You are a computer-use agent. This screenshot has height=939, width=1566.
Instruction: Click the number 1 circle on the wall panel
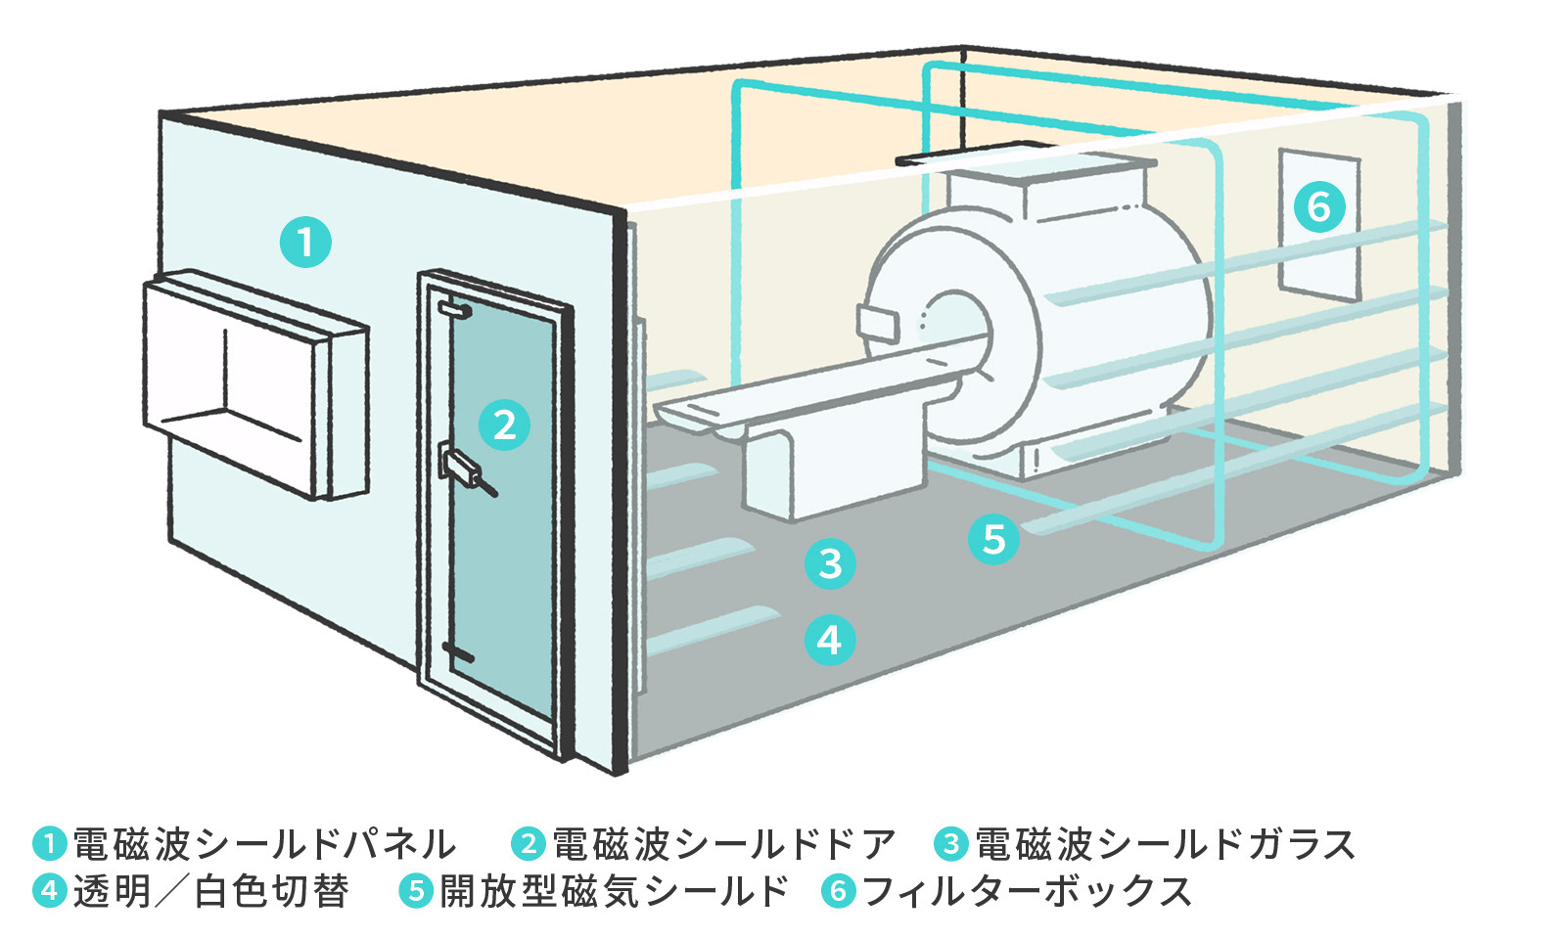305,242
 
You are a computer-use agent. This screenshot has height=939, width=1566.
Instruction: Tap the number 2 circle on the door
504,425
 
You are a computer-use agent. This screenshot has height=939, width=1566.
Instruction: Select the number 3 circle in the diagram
830,563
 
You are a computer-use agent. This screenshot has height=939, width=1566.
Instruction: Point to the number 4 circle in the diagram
829,641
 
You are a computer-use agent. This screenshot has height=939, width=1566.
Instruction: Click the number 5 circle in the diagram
993,539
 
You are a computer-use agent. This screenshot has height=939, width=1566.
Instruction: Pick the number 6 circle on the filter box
1318,206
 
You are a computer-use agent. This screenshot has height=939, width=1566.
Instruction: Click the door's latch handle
464,467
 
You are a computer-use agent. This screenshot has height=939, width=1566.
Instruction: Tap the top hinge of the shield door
454,310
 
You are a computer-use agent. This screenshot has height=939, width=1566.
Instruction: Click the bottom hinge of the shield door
457,651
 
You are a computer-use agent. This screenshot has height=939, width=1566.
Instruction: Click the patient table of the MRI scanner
803,386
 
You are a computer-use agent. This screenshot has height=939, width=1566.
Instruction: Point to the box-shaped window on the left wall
254,381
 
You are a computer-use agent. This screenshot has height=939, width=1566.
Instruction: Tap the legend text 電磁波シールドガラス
1165,844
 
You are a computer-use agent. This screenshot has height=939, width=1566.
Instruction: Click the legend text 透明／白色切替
210,891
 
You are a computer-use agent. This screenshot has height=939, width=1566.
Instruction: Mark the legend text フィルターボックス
1028,891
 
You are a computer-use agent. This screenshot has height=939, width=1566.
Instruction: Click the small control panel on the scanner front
877,324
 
